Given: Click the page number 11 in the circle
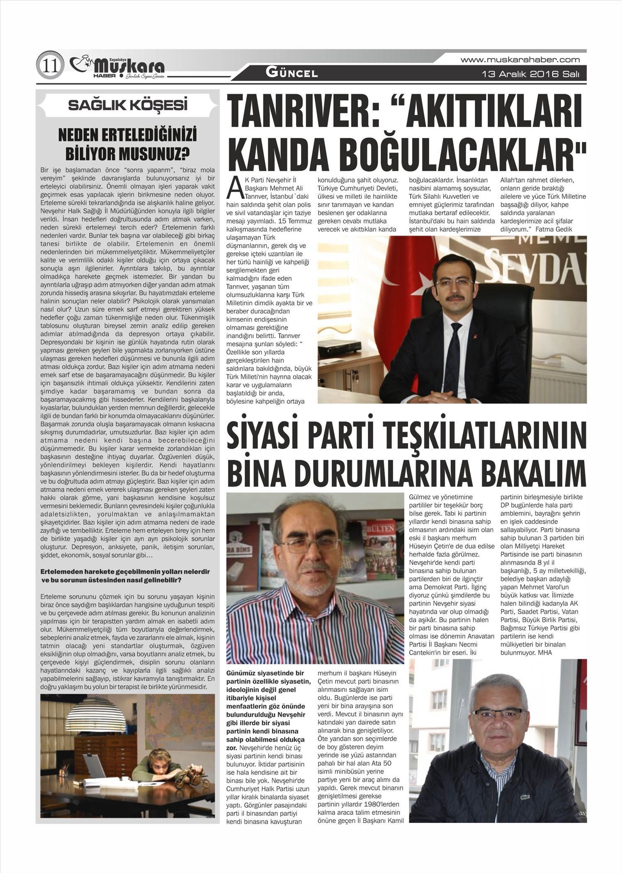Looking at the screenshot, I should click(x=50, y=65).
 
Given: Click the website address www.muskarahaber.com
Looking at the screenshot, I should click(x=520, y=60).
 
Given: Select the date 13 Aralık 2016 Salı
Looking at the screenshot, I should click(x=528, y=75).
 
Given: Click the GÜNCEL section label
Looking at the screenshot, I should click(x=292, y=73).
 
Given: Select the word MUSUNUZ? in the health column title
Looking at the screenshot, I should click(x=154, y=154).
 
